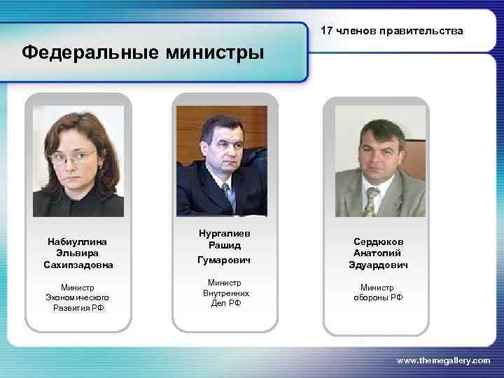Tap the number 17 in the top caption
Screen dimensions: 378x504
(x=326, y=31)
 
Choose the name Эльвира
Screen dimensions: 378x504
(x=78, y=253)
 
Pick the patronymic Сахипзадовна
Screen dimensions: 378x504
(x=78, y=265)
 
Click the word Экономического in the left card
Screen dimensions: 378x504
(x=78, y=297)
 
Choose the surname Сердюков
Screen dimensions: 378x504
(x=377, y=241)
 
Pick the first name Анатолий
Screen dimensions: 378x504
(x=377, y=253)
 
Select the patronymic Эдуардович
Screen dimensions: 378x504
(x=377, y=265)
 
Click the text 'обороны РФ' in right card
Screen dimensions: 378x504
(x=377, y=297)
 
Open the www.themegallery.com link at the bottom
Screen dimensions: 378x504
(x=443, y=360)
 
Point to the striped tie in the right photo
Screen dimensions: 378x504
(x=372, y=199)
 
